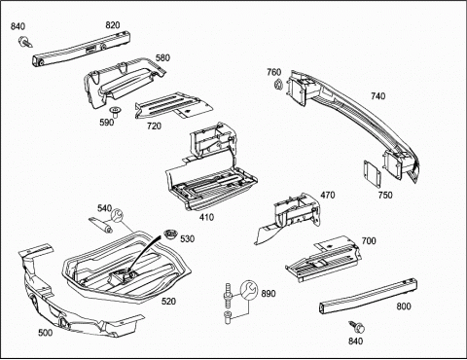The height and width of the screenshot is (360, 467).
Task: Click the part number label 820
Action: point(113,25)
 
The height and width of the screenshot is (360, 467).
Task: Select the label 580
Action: point(162,57)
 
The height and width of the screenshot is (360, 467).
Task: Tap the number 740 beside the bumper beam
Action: point(378,96)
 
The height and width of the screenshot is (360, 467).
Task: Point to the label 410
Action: point(206,217)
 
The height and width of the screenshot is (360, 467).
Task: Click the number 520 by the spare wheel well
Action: point(168,302)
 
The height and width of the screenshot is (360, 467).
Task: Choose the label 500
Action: point(46,333)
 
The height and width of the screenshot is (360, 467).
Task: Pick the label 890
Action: point(269,294)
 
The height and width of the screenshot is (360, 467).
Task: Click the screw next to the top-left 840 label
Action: point(25,42)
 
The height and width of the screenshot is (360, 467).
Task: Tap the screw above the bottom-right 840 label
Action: point(357,327)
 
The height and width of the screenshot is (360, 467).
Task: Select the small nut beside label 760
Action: point(278,85)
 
